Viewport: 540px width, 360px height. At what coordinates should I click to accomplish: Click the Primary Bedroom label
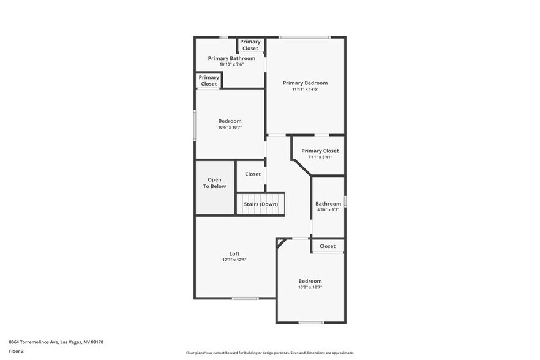[x=305, y=83]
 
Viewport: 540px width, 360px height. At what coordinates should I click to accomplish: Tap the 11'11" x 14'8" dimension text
[x=305, y=89]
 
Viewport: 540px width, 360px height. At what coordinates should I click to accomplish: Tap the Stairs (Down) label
[x=261, y=204]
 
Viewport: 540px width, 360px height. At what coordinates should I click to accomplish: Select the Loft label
[x=234, y=253]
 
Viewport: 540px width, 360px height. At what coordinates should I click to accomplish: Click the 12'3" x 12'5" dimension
[x=234, y=260]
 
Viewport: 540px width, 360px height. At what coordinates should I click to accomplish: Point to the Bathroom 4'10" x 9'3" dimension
[x=328, y=210]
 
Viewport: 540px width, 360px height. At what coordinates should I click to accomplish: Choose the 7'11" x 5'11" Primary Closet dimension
[x=320, y=157]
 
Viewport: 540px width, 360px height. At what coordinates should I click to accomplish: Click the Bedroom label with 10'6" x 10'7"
[x=230, y=121]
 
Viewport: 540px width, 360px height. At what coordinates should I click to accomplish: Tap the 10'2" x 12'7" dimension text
[x=310, y=287]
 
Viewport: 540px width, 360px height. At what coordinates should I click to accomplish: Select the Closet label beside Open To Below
[x=253, y=174]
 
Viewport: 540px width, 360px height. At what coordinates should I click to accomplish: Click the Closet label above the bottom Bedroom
[x=328, y=246]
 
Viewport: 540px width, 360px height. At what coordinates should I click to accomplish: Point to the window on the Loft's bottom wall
[x=246, y=298]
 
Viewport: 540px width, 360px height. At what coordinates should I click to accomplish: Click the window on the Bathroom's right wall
[x=345, y=201]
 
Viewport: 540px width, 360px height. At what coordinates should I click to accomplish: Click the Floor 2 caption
[x=17, y=351]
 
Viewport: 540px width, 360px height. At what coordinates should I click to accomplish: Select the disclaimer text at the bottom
[x=269, y=353]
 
